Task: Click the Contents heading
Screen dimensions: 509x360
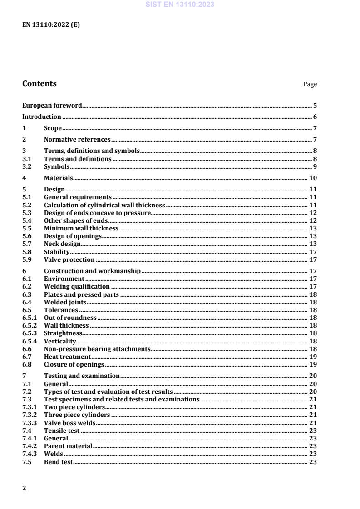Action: (39, 83)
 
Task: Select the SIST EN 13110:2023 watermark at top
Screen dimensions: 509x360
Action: (180, 5)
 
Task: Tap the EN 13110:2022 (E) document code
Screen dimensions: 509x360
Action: (51, 25)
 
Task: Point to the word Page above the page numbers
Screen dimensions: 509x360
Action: (310, 84)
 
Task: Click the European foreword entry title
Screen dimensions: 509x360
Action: (52, 106)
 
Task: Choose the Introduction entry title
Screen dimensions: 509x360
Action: (42, 117)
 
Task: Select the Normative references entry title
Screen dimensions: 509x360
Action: (77, 139)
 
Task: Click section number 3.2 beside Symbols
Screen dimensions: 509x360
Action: (27, 166)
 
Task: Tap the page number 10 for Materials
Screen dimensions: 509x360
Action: (313, 178)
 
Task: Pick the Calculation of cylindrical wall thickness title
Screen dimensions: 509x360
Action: (104, 205)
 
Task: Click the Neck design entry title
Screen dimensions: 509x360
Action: (62, 244)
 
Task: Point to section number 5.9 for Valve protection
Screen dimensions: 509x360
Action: (27, 259)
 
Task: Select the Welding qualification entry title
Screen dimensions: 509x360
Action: (77, 286)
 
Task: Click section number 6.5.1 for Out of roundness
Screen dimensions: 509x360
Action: (30, 318)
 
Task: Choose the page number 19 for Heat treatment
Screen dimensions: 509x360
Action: (313, 357)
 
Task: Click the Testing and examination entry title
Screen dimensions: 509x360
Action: (82, 376)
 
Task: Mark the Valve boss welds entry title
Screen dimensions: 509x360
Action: (69, 423)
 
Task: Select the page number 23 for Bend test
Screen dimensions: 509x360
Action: (313, 462)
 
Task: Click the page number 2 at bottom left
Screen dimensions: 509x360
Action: (24, 488)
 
